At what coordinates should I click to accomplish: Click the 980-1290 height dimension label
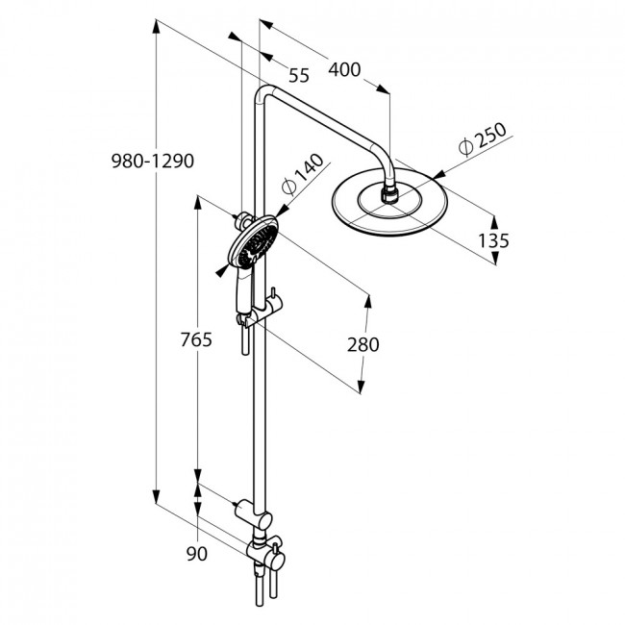click(153, 161)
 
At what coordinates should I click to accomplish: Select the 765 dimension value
click(196, 340)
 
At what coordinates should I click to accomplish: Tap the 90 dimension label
click(197, 554)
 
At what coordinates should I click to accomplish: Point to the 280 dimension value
click(362, 345)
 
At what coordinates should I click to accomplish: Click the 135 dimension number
click(493, 240)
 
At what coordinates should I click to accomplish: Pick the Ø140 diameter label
click(303, 174)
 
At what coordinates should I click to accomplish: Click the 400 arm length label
click(344, 70)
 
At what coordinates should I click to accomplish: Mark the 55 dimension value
click(299, 76)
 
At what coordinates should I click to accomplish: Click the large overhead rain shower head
click(389, 202)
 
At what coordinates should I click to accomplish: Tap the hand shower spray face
click(253, 242)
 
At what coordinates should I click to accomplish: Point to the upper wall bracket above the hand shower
click(243, 220)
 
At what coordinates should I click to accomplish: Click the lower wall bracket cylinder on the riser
click(253, 513)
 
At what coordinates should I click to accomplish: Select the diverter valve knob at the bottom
click(275, 561)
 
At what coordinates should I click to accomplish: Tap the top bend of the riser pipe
click(263, 94)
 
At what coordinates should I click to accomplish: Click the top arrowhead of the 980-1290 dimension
click(157, 26)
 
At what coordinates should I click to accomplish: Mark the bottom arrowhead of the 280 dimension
click(362, 387)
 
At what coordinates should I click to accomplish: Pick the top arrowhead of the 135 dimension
click(494, 221)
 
